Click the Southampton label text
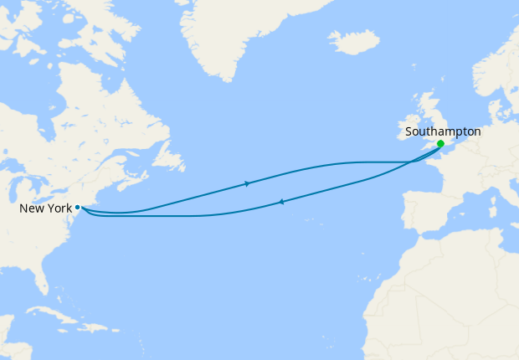(443, 131)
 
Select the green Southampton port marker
(440, 144)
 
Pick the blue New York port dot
(77, 207)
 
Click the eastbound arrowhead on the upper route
(247, 183)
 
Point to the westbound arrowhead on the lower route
(280, 202)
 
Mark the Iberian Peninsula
(427, 213)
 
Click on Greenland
(243, 33)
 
